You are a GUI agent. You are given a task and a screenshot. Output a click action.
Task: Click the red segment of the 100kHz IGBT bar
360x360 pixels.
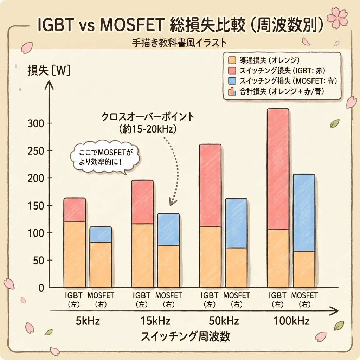click(x=278, y=169)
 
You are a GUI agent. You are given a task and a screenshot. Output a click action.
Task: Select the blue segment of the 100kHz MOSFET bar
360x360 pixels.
click(x=304, y=212)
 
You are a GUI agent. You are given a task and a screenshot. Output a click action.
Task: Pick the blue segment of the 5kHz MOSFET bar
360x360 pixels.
click(x=101, y=234)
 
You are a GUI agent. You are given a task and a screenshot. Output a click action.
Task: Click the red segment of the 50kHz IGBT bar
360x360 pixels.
click(x=210, y=185)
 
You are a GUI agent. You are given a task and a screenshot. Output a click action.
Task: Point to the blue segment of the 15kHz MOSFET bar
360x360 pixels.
click(x=168, y=229)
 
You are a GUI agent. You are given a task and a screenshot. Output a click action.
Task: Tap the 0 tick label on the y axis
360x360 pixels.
click(x=41, y=288)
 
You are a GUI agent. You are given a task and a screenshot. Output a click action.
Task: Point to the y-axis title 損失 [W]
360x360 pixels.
click(x=49, y=71)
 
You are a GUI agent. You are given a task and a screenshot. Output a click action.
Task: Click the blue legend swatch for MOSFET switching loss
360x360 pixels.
click(x=232, y=81)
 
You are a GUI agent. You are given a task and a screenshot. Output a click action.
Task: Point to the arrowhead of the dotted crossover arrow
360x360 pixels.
click(x=171, y=203)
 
